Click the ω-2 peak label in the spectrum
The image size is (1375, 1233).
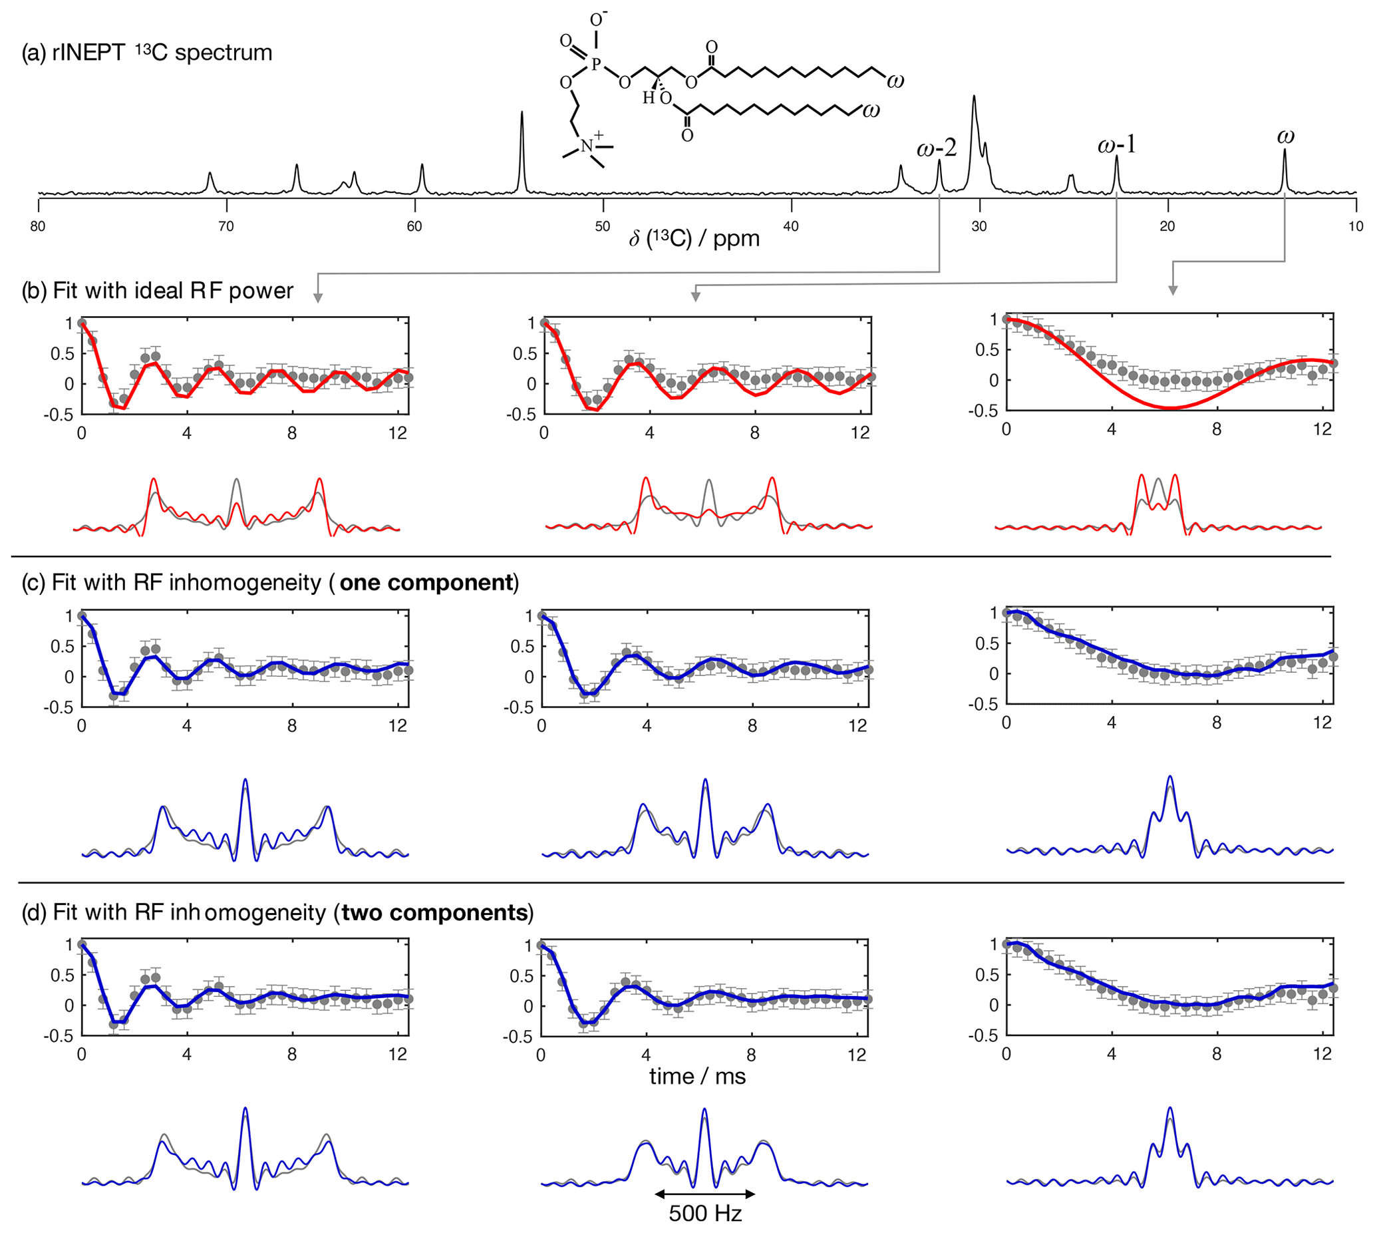[x=937, y=147]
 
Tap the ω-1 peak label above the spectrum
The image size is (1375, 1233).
[x=1116, y=144]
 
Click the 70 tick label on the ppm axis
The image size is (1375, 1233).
[x=226, y=226]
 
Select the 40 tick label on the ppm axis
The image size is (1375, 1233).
[x=790, y=226]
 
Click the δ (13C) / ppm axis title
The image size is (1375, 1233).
[x=694, y=238]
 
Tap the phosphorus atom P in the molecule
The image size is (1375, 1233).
[x=596, y=65]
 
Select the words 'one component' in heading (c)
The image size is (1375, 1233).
[x=426, y=583]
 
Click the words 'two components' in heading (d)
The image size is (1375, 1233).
[x=434, y=912]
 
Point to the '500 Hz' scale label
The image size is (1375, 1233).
[x=705, y=1213]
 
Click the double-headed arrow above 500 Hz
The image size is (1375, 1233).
[x=705, y=1194]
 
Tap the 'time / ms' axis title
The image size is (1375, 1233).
[x=697, y=1077]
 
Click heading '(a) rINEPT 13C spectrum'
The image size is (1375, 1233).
[x=147, y=53]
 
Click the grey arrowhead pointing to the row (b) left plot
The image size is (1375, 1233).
[x=318, y=297]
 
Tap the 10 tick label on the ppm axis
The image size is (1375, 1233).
[x=1355, y=226]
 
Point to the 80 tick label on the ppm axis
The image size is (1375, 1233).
[x=38, y=226]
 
